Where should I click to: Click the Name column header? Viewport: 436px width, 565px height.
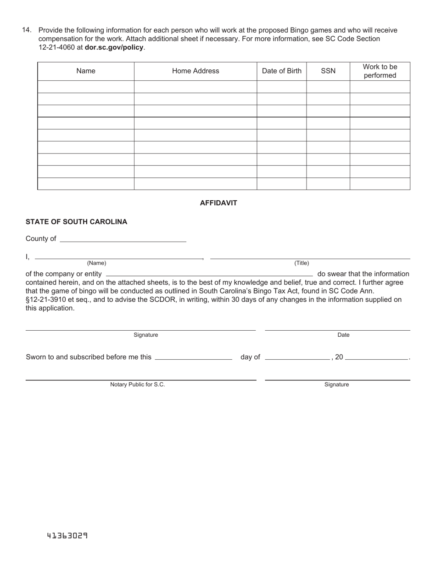tap(86, 71)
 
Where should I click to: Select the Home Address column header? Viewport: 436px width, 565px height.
tap(196, 71)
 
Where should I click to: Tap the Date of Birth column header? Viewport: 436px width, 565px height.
tap(282, 71)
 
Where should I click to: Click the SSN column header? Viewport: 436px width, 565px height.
tap(328, 71)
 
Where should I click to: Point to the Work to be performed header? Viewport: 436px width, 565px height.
tap(380, 71)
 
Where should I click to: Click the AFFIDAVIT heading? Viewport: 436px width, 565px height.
tap(218, 203)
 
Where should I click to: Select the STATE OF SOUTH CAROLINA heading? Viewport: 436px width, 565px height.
tap(77, 222)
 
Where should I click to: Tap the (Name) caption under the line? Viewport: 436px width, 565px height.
tap(96, 263)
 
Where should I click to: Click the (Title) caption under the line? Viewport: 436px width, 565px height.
tap(302, 263)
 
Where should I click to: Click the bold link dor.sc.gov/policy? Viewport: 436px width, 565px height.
tap(114, 47)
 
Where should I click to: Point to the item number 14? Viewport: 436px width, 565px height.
tap(27, 30)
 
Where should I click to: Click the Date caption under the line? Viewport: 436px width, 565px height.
tap(343, 335)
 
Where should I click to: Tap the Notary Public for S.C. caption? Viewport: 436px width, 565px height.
tap(137, 384)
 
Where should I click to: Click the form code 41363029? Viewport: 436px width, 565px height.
tap(67, 536)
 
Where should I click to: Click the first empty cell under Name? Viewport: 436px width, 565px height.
tap(86, 87)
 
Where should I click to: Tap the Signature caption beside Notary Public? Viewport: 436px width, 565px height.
tap(336, 384)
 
